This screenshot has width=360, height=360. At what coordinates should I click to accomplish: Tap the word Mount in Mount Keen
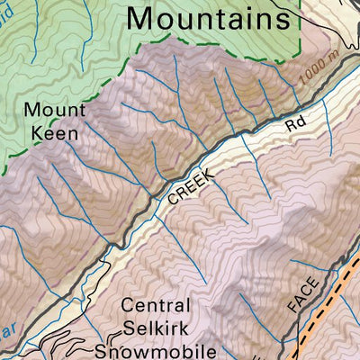point(54,111)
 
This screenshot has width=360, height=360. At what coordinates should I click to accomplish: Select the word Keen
point(54,133)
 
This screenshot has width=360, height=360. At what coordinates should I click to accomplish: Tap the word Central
point(157,306)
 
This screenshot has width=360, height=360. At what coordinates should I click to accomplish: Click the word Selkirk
point(157,328)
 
